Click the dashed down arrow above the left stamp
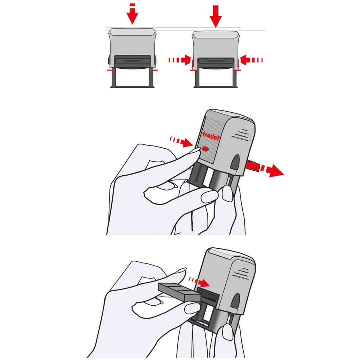pos(132,14)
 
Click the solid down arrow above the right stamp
pos(215,17)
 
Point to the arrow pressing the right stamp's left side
pos(180,60)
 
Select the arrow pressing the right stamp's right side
pos(251,60)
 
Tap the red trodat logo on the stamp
pos(211,136)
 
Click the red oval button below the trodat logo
pos(206,149)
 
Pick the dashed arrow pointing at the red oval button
pos(181,141)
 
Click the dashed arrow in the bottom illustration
pos(199,282)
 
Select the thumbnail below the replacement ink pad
pos(192,308)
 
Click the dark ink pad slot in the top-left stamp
pos(132,61)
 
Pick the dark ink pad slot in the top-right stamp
pos(216,61)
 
